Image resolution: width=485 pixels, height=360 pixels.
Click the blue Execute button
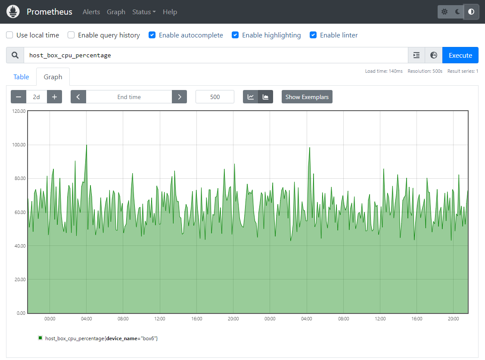[460, 55]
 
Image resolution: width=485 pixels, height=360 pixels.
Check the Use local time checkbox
[9, 35]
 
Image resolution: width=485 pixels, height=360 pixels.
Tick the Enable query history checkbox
[71, 35]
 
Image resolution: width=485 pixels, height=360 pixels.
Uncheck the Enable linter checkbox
[313, 35]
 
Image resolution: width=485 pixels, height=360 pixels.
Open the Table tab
[21, 77]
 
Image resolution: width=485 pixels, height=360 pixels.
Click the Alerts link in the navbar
[91, 12]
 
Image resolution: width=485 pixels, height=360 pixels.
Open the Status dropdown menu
[144, 12]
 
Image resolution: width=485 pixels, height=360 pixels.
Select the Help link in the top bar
[170, 12]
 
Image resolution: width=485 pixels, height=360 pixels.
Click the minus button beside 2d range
[19, 97]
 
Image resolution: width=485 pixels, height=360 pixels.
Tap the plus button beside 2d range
[54, 97]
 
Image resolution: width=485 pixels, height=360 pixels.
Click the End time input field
[129, 97]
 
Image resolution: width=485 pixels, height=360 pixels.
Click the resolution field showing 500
[215, 97]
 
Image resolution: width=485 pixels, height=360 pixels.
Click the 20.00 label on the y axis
[20, 279]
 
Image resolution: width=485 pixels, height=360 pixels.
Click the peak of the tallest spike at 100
[87, 145]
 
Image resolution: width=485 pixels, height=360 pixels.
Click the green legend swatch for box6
[40, 338]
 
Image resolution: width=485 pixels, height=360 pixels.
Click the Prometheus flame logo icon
[13, 12]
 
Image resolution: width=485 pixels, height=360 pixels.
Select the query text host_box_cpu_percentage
[70, 55]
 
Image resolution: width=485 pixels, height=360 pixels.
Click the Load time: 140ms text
[384, 71]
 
